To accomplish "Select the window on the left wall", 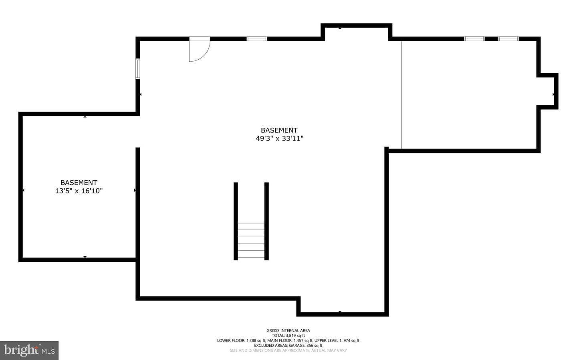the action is (138, 69).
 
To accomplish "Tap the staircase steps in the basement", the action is (251, 240).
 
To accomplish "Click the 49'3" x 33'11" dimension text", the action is (279, 139).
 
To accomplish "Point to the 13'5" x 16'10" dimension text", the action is (79, 191).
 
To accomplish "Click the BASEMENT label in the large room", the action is (279, 130).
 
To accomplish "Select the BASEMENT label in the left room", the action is (79, 182).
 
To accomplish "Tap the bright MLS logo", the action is (29, 350).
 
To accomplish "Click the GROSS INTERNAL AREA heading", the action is (288, 330).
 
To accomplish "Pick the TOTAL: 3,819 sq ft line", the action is (288, 336).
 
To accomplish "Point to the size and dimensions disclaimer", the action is (288, 350).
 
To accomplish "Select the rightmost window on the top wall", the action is (508, 39).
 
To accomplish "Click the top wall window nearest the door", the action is (256, 39).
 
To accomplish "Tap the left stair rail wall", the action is (236, 221).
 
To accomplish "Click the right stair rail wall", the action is (266, 221).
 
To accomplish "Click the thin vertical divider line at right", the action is (401, 95).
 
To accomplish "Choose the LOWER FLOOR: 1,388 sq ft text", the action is (241, 340).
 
